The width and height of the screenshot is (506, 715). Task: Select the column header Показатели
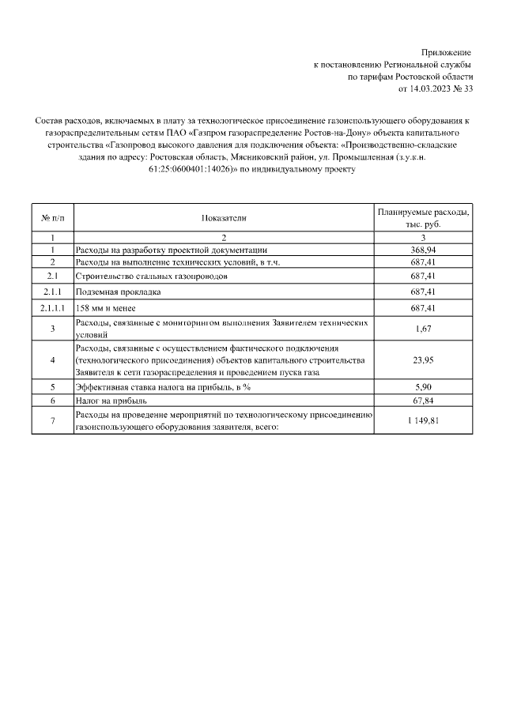(224, 217)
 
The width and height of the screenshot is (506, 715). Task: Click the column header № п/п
(52, 217)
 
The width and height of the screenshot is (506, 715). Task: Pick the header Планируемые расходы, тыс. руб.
(423, 218)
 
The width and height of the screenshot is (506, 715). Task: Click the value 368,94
(423, 250)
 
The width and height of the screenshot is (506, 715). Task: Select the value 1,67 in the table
(423, 329)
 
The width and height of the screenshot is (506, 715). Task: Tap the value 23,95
(423, 360)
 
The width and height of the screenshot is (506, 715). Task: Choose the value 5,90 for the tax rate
(423, 387)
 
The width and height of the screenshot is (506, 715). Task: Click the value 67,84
(423, 401)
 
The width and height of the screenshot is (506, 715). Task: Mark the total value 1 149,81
(423, 420)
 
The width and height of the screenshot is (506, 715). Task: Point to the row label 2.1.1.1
(52, 308)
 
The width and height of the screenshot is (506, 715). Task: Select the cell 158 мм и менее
(105, 308)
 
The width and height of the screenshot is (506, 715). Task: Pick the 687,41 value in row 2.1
(423, 277)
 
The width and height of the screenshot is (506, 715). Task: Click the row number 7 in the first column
(52, 420)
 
